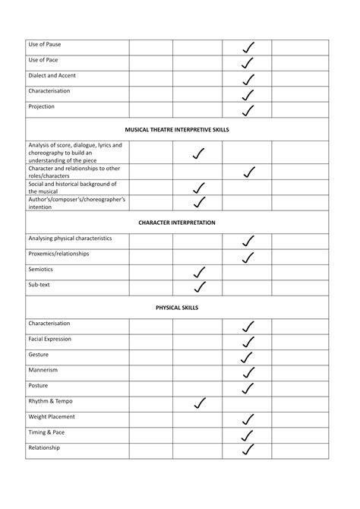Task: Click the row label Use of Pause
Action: [44, 46]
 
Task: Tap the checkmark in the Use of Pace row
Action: [248, 62]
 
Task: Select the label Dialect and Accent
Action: [52, 76]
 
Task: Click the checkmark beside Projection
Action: [248, 109]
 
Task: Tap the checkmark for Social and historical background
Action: [199, 187]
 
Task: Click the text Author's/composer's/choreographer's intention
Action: [76, 202]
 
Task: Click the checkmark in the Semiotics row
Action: [200, 271]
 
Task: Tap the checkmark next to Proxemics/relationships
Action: [248, 257]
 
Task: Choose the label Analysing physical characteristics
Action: [70, 239]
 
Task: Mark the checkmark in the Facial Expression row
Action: [248, 342]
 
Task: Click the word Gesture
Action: [39, 355]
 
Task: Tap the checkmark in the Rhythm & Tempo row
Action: [200, 403]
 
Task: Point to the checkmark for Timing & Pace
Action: [248, 435]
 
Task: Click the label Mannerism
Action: [43, 370]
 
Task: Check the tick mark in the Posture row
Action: [248, 388]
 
